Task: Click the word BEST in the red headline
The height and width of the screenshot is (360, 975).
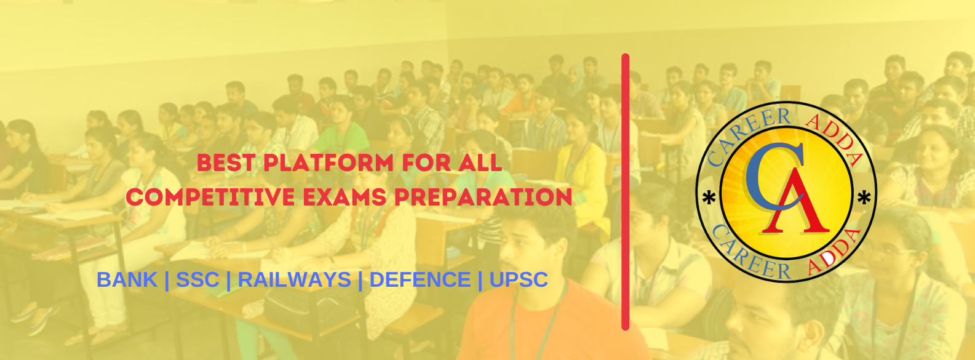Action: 226,163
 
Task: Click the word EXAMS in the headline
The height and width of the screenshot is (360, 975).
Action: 344,197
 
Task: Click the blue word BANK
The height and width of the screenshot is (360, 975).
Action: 127,279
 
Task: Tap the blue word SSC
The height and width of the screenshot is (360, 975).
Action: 197,279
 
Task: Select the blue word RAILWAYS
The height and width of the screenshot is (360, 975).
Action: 294,279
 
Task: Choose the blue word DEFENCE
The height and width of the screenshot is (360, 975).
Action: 420,279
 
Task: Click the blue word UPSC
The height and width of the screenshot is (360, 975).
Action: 519,279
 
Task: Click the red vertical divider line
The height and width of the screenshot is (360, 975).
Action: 626,192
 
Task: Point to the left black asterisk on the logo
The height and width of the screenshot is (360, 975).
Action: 709,199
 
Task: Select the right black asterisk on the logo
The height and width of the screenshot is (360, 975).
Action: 864,198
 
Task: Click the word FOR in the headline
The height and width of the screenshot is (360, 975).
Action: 421,163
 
